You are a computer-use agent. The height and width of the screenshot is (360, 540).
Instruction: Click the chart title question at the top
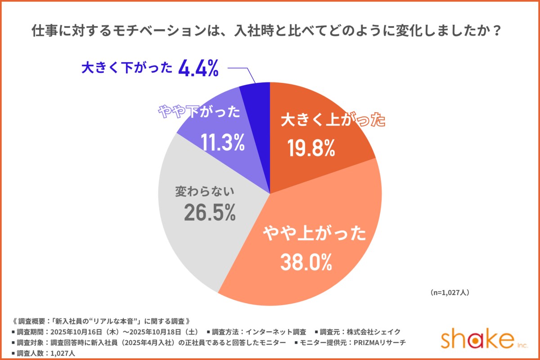270,32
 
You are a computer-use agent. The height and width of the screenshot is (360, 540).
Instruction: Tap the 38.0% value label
306,262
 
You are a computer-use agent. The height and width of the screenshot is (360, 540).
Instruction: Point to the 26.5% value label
210,212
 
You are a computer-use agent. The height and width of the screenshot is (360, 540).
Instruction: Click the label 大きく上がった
333,121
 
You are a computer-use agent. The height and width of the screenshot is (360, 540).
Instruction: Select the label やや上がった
315,234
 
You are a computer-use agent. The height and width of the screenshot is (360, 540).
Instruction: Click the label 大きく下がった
127,68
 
